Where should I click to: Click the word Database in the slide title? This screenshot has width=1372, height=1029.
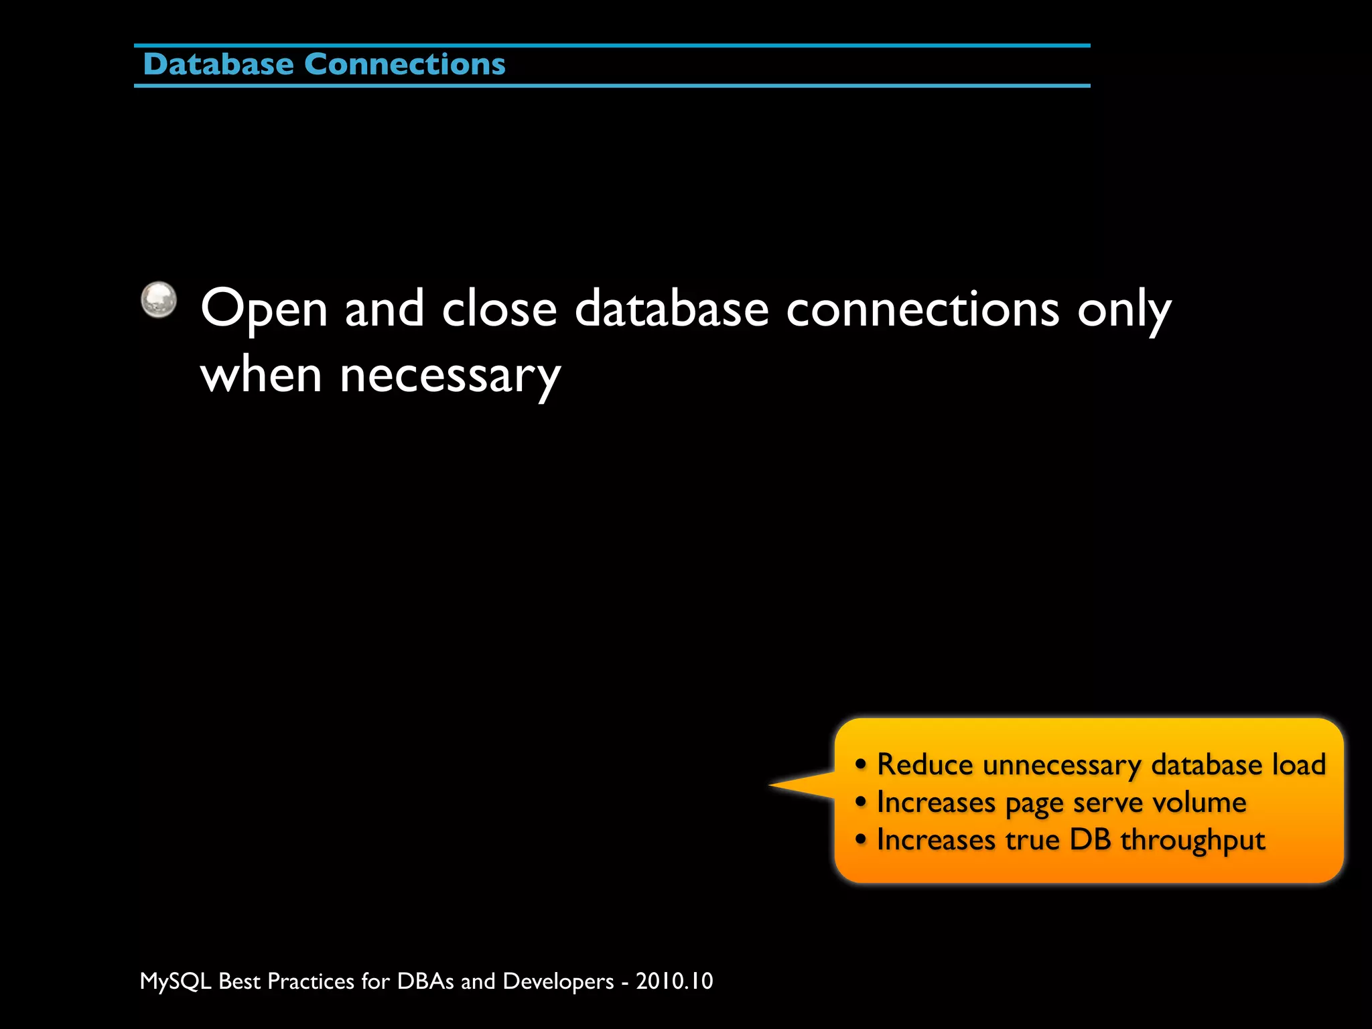(218, 64)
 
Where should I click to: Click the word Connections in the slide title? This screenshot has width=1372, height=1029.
(405, 64)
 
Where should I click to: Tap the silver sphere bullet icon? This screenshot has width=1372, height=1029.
(159, 299)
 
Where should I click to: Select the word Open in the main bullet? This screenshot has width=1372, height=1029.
(264, 310)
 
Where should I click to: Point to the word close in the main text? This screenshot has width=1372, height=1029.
(499, 310)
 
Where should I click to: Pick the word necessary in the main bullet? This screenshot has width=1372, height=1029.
(450, 376)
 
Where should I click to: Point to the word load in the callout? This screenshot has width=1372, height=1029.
(1299, 764)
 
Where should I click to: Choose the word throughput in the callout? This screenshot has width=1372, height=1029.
(1192, 841)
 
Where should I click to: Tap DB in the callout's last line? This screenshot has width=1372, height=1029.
(1090, 839)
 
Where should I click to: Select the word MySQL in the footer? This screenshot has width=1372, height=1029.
(176, 981)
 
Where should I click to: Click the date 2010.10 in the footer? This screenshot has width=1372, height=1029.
(675, 981)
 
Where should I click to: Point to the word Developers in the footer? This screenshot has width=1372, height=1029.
(558, 981)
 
